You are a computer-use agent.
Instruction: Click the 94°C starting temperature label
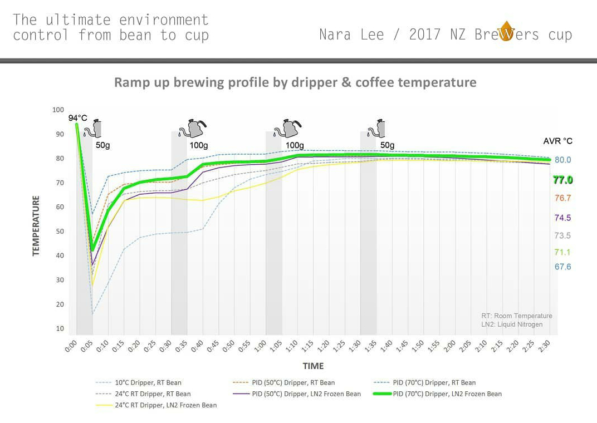[78, 118]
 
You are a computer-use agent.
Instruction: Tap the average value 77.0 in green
[562, 180]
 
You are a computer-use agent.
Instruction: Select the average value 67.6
[562, 267]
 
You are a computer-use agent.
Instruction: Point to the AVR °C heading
[557, 141]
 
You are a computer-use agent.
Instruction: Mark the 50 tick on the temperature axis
[58, 231]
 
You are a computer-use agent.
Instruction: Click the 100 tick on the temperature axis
[58, 110]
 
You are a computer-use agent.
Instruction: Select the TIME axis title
[313, 366]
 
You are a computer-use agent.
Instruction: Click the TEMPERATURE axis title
[37, 225]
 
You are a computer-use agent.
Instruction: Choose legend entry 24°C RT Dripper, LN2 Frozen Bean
[165, 405]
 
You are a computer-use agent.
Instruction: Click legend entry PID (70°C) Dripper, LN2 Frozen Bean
[447, 394]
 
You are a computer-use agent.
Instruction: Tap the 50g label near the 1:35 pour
[388, 145]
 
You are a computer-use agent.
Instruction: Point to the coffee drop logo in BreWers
[506, 32]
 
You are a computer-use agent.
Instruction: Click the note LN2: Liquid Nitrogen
[512, 324]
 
